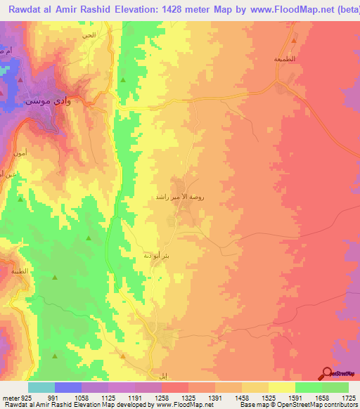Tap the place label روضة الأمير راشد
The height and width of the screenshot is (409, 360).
click(180, 198)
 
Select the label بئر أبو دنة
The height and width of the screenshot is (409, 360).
click(156, 255)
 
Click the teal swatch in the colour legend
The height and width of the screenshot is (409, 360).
click(41, 387)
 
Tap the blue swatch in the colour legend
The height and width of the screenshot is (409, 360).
click(68, 387)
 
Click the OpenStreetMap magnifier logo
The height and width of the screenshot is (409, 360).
click(328, 373)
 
